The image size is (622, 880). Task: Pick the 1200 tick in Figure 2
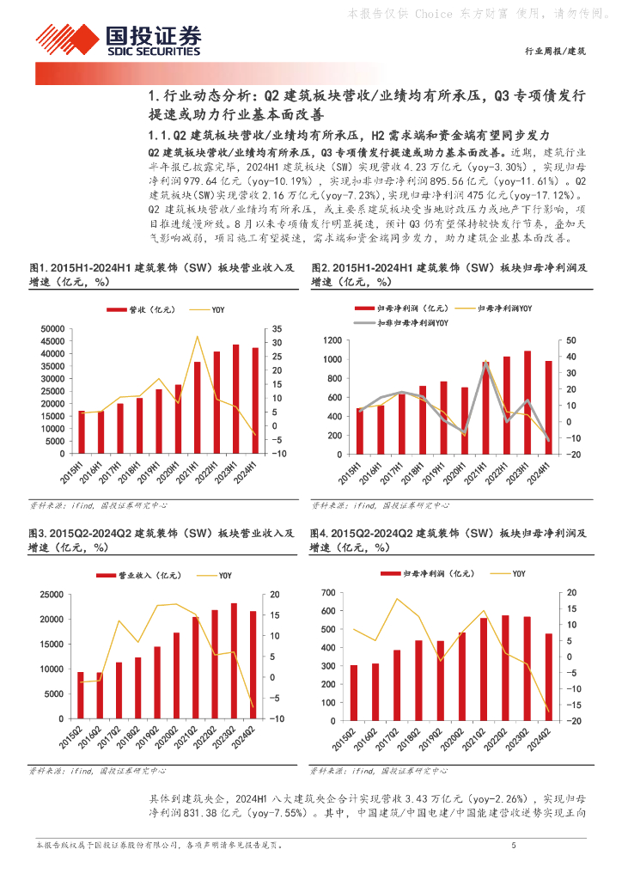[x=330, y=341]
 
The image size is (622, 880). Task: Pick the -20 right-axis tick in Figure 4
[x=572, y=721]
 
